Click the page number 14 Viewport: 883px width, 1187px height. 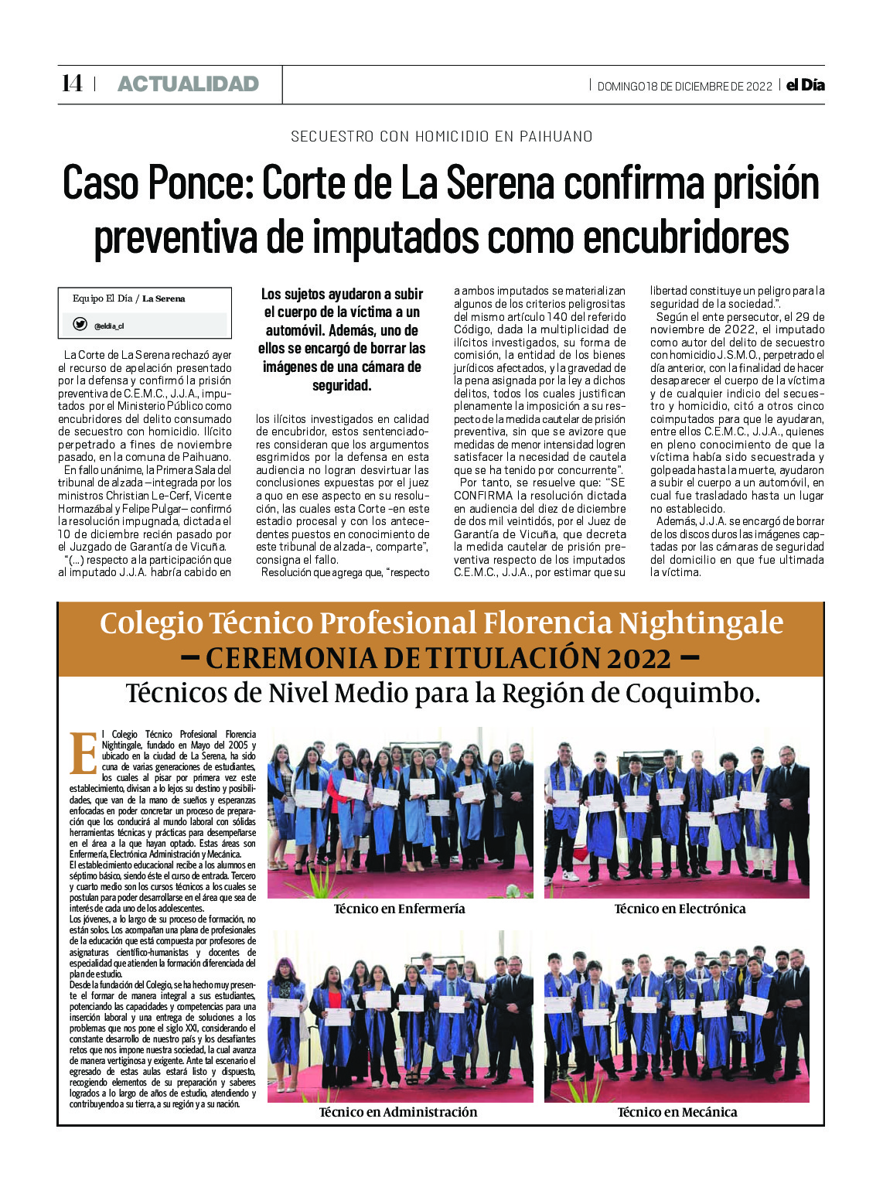[x=72, y=84]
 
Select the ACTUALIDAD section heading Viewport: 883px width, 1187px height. [x=188, y=84]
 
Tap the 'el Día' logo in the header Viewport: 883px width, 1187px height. [x=805, y=85]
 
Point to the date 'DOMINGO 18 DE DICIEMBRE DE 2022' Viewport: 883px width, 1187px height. [x=684, y=87]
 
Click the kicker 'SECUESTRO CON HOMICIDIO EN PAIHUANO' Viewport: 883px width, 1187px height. [x=441, y=137]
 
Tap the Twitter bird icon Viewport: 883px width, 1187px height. [x=80, y=325]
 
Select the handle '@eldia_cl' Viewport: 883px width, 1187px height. [x=109, y=326]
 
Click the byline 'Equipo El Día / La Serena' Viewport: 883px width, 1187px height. [x=128, y=298]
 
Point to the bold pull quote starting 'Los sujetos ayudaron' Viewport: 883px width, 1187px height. [x=342, y=339]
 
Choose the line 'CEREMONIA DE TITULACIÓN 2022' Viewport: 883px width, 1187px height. [x=438, y=658]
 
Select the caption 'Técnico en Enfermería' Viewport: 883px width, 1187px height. [x=399, y=909]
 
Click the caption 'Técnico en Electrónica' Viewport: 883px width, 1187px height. [x=680, y=909]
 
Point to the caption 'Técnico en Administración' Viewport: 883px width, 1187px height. [x=398, y=1112]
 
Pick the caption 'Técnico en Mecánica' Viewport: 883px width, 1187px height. [x=677, y=1112]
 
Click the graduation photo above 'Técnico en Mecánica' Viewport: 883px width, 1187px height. [x=677, y=1016]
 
